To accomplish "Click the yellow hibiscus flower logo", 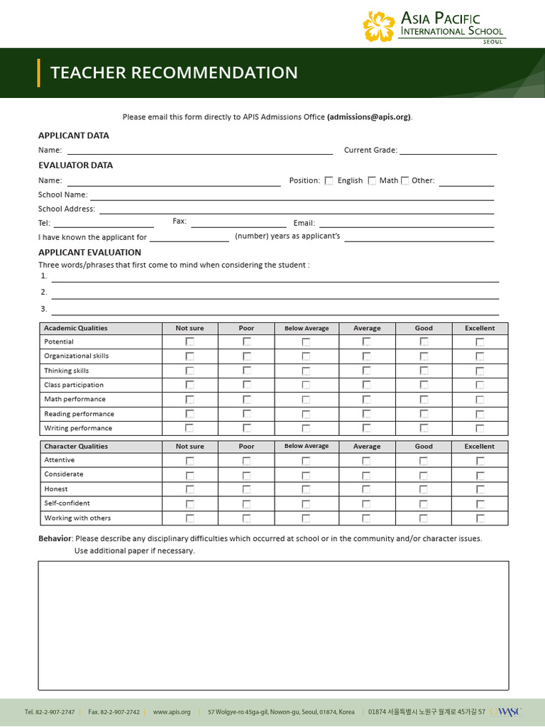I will pyautogui.click(x=378, y=26).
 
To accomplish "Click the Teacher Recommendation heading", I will pyautogui.click(x=174, y=72).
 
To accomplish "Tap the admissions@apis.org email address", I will pyautogui.click(x=368, y=117).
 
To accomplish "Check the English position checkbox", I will pyautogui.click(x=329, y=180).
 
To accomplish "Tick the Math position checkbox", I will pyautogui.click(x=372, y=180).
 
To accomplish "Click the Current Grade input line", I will pyautogui.click(x=448, y=150).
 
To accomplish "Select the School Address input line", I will pyautogui.click(x=296, y=209).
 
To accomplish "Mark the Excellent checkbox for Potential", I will pyautogui.click(x=480, y=341).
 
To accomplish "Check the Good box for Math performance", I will pyautogui.click(x=424, y=399).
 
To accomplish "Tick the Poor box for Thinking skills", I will pyautogui.click(x=246, y=371).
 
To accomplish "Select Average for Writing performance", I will pyautogui.click(x=367, y=428).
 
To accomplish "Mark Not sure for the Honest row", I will pyautogui.click(x=189, y=489).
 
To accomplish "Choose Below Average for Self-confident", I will pyautogui.click(x=306, y=503).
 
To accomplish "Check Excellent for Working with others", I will pyautogui.click(x=480, y=518).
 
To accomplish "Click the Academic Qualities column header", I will pyautogui.click(x=76, y=328).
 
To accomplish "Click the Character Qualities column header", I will pyautogui.click(x=76, y=447).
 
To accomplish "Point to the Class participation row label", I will pyautogui.click(x=74, y=385).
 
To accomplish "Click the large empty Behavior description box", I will pyautogui.click(x=273, y=625).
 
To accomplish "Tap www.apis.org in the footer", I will pyautogui.click(x=172, y=712).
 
